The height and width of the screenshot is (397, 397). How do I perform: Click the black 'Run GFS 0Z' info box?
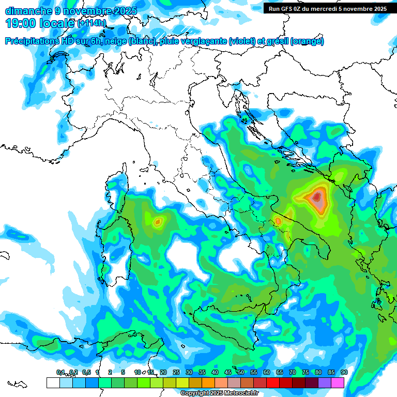point(328,8)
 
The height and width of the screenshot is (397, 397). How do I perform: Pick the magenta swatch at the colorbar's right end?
point(338,383)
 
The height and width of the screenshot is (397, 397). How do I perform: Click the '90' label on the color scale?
point(344,373)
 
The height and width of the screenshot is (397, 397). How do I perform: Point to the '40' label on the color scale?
point(215,373)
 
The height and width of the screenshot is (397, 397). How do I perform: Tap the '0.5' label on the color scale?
point(85,373)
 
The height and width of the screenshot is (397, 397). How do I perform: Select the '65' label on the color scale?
point(279,373)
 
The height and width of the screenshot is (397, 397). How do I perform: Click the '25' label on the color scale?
point(176,373)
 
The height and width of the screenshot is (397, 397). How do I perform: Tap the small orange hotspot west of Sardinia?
point(158,222)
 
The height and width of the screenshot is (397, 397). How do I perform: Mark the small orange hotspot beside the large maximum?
point(278,221)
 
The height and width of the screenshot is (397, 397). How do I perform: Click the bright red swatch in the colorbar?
point(273,383)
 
